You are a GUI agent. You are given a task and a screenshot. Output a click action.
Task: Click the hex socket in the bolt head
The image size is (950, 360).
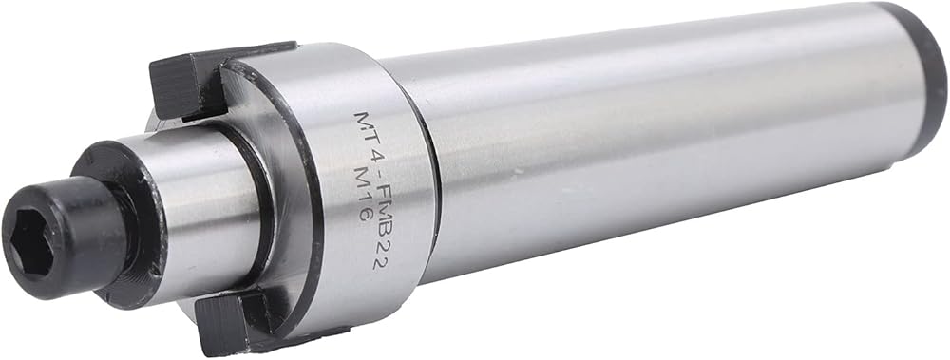pyautogui.click(x=32, y=245)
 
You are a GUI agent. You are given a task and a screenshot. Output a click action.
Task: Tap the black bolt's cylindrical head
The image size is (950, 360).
pyautogui.click(x=64, y=237)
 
